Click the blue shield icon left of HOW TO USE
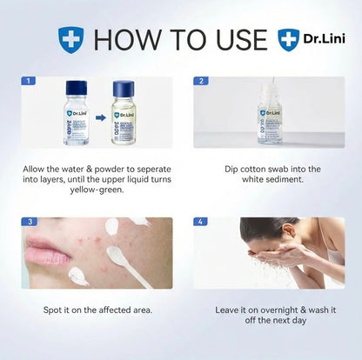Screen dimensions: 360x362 (x=70, y=39)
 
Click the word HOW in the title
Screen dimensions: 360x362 (x=119, y=39)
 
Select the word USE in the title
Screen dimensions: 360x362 (x=236, y=39)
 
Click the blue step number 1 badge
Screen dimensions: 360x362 (x=29, y=81)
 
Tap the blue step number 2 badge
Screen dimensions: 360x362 (x=202, y=81)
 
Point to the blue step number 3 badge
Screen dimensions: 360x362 (x=29, y=223)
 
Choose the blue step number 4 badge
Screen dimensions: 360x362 (x=202, y=223)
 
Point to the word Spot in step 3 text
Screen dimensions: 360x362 (x=54, y=308)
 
